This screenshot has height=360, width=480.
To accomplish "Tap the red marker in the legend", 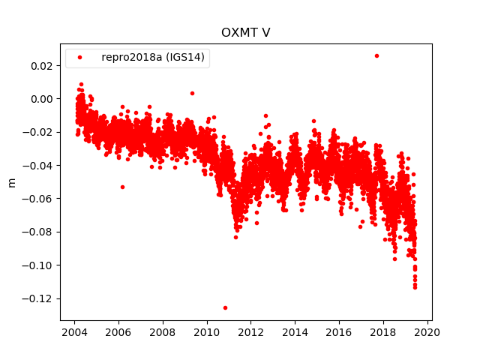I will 80,58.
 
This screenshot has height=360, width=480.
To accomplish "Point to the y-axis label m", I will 11,182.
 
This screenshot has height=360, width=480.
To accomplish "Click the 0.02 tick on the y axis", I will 41,66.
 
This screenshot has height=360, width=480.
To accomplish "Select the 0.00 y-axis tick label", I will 41,99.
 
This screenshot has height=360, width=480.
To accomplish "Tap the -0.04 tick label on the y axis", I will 39,166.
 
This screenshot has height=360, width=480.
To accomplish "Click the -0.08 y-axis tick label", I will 39,232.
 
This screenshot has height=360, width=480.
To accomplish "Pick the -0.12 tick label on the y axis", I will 39,298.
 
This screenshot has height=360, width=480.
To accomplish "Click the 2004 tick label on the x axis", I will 74,332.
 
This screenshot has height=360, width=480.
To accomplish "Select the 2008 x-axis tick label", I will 163,332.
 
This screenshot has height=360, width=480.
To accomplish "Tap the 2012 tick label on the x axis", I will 250,332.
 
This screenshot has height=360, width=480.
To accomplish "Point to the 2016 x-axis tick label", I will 339,332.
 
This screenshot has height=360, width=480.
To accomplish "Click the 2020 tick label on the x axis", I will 427,332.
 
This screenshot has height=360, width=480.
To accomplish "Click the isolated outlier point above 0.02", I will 376,55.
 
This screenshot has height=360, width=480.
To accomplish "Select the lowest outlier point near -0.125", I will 225,307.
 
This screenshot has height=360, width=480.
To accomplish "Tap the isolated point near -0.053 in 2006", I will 122,187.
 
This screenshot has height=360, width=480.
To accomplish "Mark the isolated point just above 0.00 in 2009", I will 192,93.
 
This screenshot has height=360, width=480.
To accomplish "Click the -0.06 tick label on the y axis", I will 39,199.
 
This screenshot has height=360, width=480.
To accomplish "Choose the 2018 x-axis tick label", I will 383,332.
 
